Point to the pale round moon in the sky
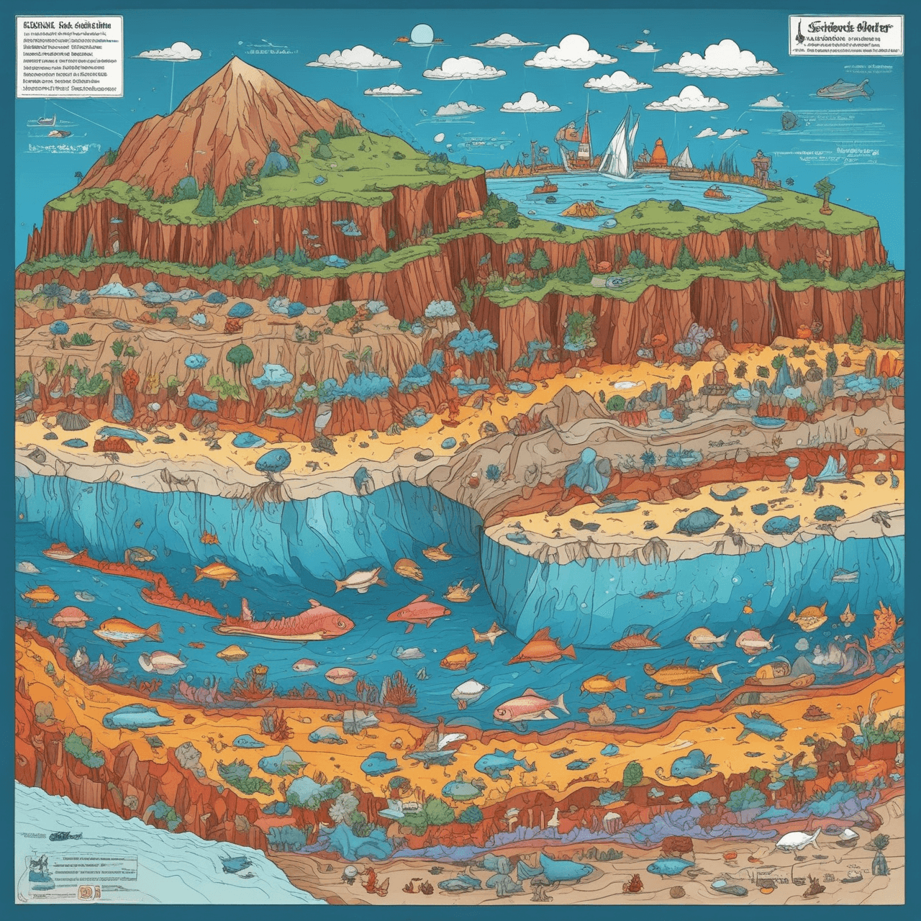click(422, 33)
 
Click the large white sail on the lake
click(620, 145)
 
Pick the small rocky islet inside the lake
click(583, 209)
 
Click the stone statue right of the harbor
click(759, 167)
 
